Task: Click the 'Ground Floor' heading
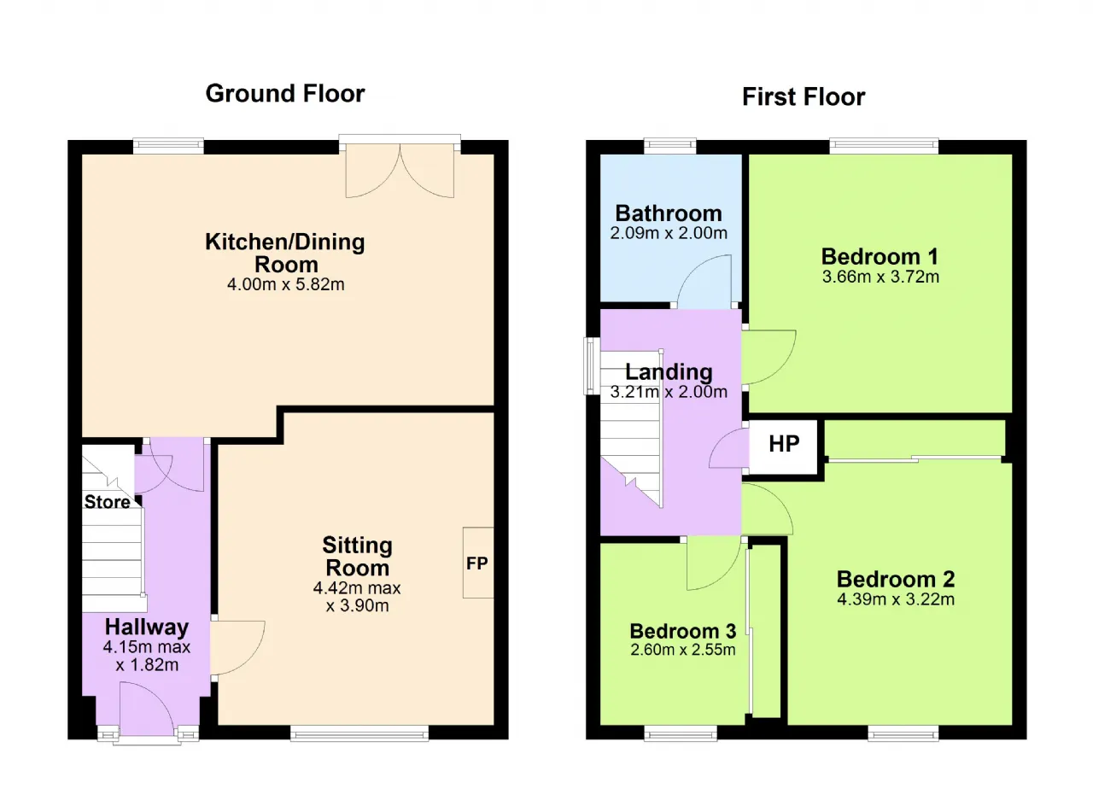[285, 94]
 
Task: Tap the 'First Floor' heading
[804, 96]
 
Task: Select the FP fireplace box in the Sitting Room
[477, 563]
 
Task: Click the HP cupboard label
[784, 444]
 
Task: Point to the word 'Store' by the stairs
[108, 502]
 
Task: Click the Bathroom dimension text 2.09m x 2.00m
[669, 233]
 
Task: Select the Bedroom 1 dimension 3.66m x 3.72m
[880, 277]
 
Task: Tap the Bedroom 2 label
[896, 579]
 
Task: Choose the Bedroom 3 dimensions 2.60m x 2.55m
[682, 650]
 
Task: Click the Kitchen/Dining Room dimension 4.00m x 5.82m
[286, 283]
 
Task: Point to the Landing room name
[669, 371]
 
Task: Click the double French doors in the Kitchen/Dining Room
[400, 169]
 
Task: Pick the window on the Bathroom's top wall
[670, 145]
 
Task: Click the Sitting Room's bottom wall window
[359, 733]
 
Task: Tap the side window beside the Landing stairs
[592, 365]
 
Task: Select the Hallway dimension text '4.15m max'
[146, 647]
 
